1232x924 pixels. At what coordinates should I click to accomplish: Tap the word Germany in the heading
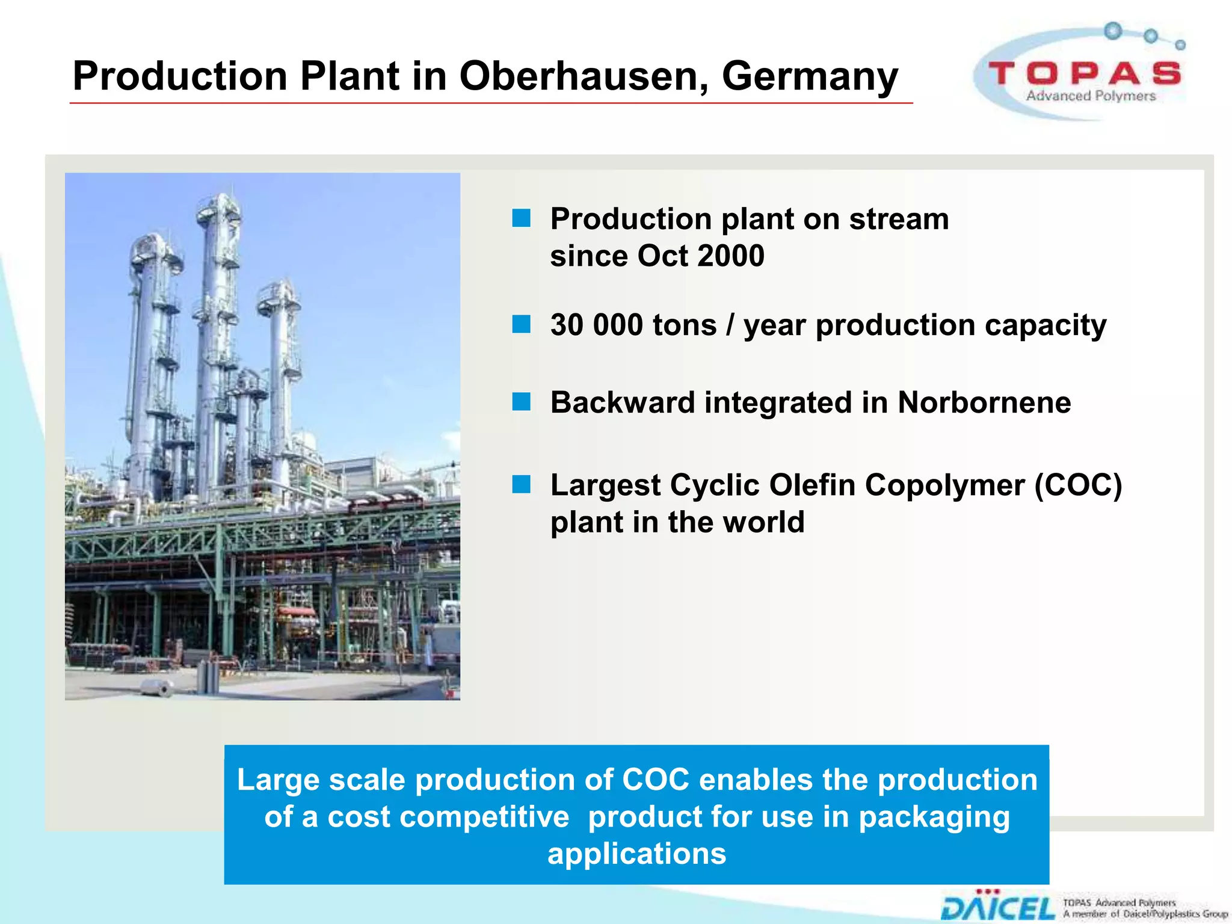tap(809, 76)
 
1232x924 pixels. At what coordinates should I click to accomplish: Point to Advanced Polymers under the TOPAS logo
tap(1091, 96)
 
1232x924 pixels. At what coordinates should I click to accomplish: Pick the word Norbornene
tap(984, 402)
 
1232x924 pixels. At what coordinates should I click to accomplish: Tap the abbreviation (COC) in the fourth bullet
tap(1078, 485)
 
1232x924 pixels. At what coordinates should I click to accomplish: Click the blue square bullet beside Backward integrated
tap(522, 402)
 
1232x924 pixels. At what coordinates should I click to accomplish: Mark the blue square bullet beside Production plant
tap(522, 218)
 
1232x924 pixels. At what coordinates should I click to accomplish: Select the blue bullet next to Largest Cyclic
tap(522, 484)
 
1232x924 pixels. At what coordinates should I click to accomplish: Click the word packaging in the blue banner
tap(934, 818)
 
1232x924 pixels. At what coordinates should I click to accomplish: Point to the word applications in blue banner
tap(636, 854)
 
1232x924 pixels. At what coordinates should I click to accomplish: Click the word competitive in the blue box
tap(448, 817)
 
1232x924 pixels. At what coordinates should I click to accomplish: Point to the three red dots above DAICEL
tap(987, 892)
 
